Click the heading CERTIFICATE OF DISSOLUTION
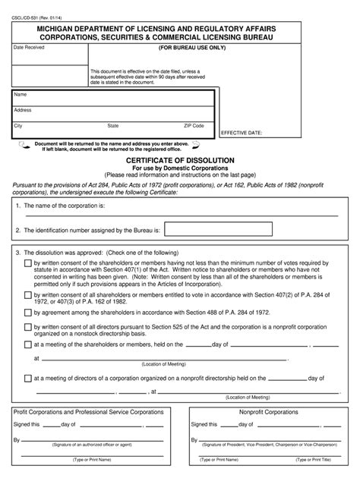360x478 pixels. pyautogui.click(x=179, y=161)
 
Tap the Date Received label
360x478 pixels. pyautogui.click(x=30, y=47)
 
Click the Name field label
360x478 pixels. pyautogui.click(x=21, y=95)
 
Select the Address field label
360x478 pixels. pyautogui.click(x=23, y=110)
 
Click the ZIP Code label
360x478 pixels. pyautogui.click(x=194, y=125)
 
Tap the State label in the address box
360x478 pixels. pyautogui.click(x=112, y=125)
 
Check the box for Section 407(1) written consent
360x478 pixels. pyautogui.click(x=27, y=263)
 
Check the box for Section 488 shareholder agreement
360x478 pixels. pyautogui.click(x=27, y=310)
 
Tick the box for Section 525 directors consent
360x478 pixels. pyautogui.click(x=27, y=326)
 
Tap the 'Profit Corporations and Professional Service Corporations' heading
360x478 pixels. pyautogui.click(x=89, y=412)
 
